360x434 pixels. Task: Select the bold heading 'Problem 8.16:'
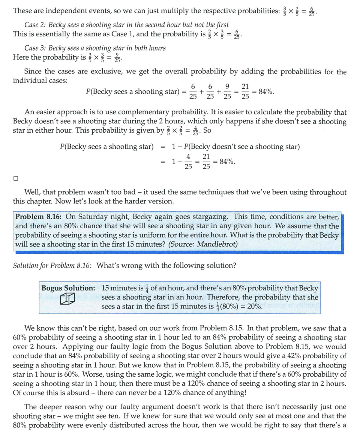(39, 217)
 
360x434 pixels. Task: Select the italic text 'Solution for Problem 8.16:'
(52, 265)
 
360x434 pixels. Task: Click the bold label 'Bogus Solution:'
(68, 288)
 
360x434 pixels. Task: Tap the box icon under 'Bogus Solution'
(67, 299)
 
